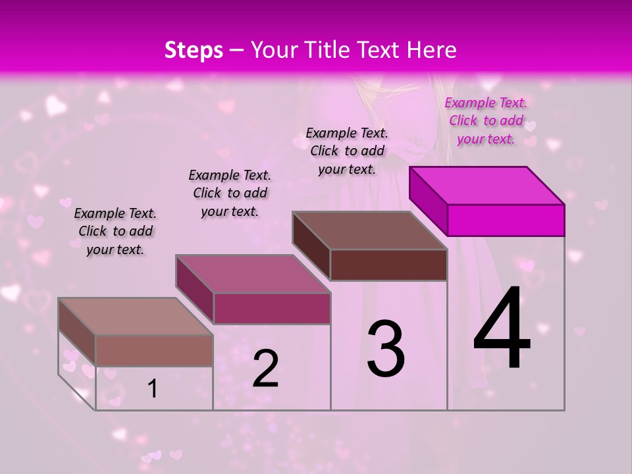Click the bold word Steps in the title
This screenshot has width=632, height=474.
coord(194,50)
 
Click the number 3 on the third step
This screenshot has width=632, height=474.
coord(386,349)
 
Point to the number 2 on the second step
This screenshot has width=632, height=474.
coord(266,369)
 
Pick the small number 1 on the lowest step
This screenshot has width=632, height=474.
coord(153,389)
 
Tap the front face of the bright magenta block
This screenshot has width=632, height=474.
coord(506,220)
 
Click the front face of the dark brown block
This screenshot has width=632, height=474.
coord(388,265)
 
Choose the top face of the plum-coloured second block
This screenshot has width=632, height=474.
coord(253,274)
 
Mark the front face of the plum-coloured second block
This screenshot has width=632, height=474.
coord(271,308)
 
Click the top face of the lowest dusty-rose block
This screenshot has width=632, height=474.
coord(136,317)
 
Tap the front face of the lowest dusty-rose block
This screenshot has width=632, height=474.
coord(154,350)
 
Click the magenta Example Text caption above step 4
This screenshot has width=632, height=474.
coord(486,120)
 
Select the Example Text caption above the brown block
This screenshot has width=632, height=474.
coord(347,151)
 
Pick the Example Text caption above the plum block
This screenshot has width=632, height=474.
coord(230,193)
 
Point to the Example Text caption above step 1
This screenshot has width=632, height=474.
coord(115,231)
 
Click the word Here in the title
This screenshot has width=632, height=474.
coord(433,50)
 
